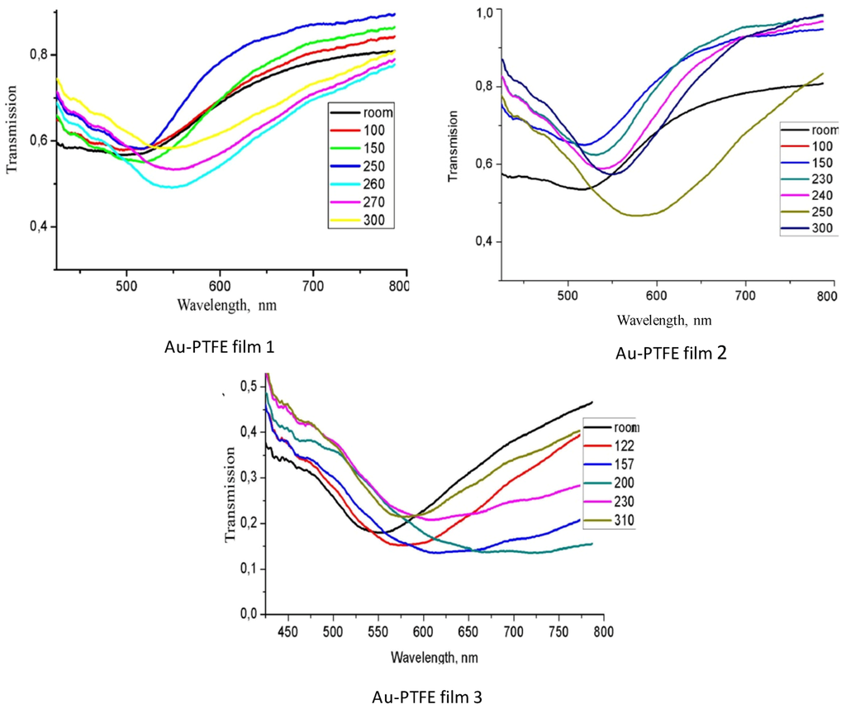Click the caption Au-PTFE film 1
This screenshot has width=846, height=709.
(219, 348)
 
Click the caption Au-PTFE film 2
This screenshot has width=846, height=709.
(671, 354)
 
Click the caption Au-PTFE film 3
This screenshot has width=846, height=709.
(426, 697)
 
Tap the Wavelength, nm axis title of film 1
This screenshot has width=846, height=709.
(226, 304)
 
